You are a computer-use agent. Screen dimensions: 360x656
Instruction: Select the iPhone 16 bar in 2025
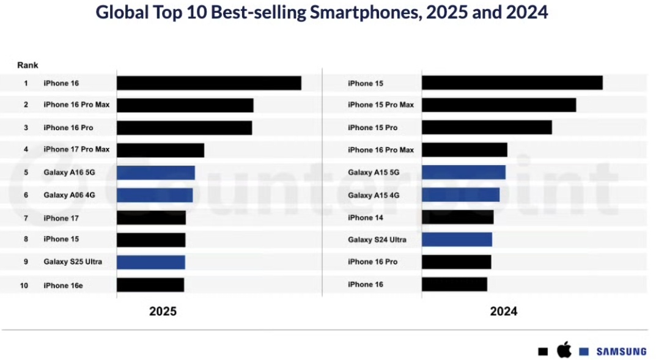coord(208,83)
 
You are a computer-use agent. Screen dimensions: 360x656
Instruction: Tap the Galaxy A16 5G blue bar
coord(156,172)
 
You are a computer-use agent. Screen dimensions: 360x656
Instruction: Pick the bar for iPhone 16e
coord(150,285)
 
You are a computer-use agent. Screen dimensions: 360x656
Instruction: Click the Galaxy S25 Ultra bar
coord(151,262)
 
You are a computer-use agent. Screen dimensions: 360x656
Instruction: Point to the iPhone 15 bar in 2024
coord(512,83)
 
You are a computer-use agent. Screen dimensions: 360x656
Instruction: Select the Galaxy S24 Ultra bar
coord(457,240)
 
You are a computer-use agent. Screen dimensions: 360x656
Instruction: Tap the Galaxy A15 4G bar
coord(460,195)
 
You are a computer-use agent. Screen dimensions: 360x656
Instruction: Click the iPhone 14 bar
coord(457,218)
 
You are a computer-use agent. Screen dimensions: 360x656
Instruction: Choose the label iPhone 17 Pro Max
coord(76,149)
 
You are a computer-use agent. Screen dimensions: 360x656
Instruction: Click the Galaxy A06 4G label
coord(69,195)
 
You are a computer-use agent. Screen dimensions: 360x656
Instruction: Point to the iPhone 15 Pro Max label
coord(381,105)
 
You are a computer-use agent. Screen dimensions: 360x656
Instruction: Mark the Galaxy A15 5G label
coord(374,172)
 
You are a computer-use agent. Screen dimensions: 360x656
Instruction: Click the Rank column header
coord(28,65)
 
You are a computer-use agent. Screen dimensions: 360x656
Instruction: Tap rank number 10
coord(24,285)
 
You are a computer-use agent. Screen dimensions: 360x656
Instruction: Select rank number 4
coord(26,149)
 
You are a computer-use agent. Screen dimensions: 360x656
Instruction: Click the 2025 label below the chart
coord(163,312)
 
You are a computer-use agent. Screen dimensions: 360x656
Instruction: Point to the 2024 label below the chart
coord(503,312)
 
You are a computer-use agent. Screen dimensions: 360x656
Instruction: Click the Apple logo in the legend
coord(563,351)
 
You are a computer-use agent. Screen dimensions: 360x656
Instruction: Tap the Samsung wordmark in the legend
coord(621,351)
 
